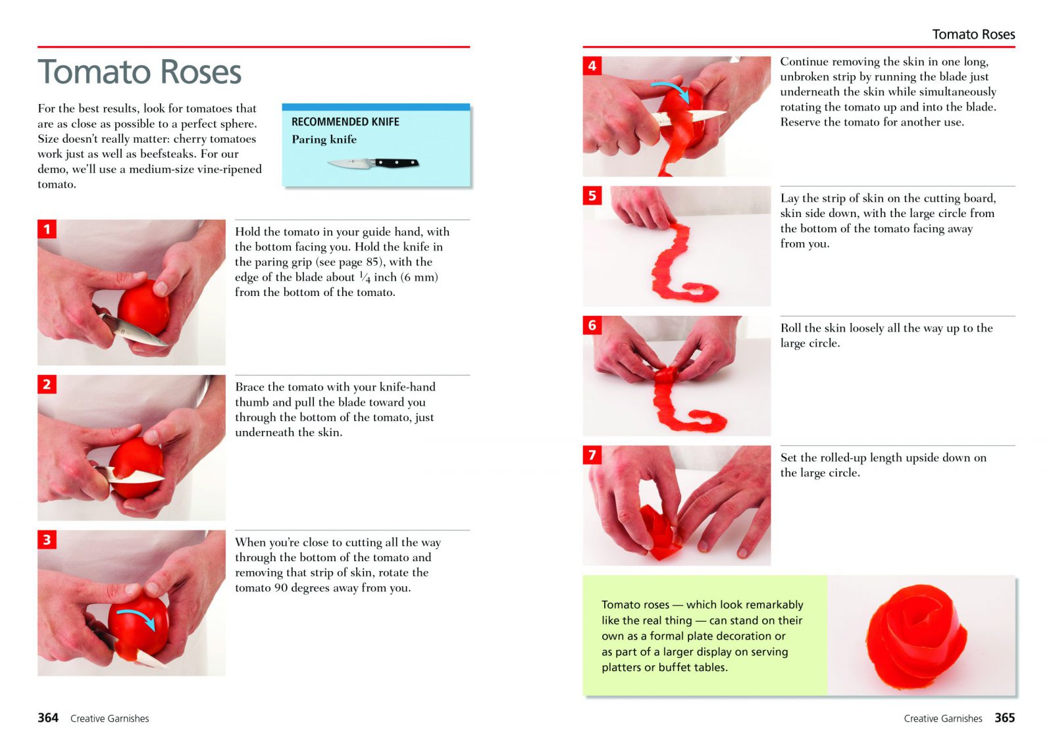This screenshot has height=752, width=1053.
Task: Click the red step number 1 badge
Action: [x=47, y=229]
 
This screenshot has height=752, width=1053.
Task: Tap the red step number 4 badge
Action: [x=592, y=66]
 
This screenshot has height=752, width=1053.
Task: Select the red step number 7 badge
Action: [x=592, y=455]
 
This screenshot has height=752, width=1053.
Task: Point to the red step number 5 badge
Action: [x=592, y=195]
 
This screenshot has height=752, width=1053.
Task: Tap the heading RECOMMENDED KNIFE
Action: [x=346, y=122]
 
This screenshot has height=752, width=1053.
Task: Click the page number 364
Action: [x=48, y=718]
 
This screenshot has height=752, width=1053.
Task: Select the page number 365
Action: [x=1004, y=718]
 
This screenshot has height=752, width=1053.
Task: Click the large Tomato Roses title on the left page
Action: [x=140, y=72]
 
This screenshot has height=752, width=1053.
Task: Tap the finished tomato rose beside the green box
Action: [x=916, y=637]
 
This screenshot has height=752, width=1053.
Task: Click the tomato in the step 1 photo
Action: [x=143, y=308]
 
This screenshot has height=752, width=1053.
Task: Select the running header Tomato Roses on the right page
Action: [x=973, y=34]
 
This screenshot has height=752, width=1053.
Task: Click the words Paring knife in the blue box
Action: [x=324, y=139]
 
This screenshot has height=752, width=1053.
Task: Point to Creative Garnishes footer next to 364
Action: [x=109, y=718]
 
